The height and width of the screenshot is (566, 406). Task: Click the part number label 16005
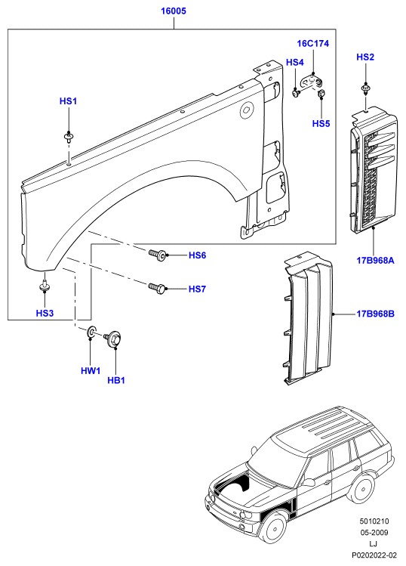point(174,11)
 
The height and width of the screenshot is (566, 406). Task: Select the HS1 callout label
point(68,101)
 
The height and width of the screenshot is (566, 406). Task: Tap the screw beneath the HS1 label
point(69,138)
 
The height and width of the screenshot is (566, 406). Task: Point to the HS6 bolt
point(158,255)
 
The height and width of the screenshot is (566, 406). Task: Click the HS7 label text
point(197,289)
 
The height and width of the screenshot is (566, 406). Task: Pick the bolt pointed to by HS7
point(157,289)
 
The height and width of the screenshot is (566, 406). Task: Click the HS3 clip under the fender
point(45,285)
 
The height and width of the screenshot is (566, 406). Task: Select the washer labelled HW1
point(91,332)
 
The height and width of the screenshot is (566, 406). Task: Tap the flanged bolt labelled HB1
point(112,339)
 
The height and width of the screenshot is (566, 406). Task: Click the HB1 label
point(116,380)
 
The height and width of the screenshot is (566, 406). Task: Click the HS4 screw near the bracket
point(296,93)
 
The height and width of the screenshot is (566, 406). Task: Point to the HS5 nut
point(321,94)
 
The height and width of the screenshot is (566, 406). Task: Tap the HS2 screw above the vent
point(365,89)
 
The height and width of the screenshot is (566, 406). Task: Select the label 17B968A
point(375,260)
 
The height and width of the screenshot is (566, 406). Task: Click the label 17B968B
point(375,314)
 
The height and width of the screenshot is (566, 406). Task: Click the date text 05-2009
point(374,532)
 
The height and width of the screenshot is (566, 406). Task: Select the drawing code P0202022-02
point(374,555)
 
